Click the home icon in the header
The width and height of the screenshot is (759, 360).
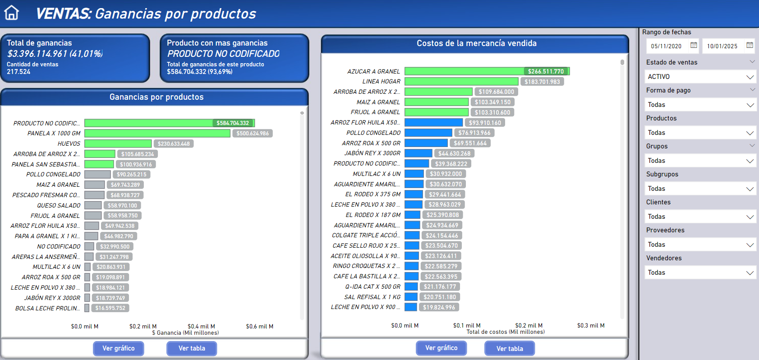[x=12, y=13]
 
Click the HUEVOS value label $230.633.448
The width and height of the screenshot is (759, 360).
[x=174, y=143]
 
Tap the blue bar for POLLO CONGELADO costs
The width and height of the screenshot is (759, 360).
[x=428, y=133]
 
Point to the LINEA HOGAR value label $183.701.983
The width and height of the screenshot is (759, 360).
[x=542, y=82]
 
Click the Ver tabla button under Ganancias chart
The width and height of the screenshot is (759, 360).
[x=192, y=348]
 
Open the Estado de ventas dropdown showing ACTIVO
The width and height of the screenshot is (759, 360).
[x=700, y=77]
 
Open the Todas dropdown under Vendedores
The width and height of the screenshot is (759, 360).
[x=700, y=272]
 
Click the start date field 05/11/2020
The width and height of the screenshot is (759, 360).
[x=666, y=46]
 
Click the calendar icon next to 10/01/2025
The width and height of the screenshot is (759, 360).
[x=750, y=45]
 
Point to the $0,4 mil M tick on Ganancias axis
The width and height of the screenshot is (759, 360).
[x=201, y=326]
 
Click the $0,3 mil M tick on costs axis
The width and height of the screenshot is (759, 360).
[x=591, y=325]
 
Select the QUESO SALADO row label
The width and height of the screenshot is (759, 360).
[x=59, y=205]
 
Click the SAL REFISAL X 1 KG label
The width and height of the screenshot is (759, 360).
[x=372, y=297]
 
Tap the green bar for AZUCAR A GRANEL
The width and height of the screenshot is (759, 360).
[x=465, y=71]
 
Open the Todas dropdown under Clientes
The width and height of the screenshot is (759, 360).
[x=700, y=217]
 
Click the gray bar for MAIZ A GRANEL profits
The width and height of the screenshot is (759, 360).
[x=94, y=185]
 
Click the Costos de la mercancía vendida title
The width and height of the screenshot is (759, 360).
[x=476, y=43]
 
